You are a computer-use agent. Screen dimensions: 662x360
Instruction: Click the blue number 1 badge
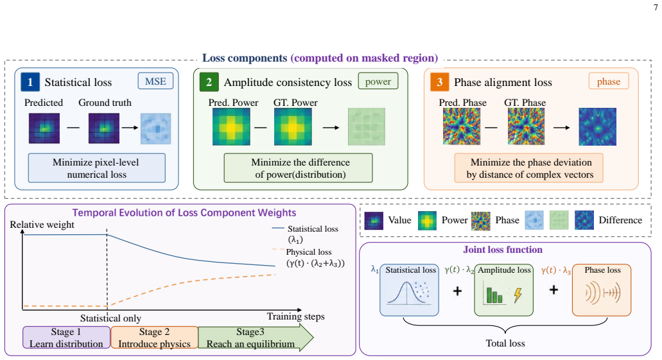(30, 82)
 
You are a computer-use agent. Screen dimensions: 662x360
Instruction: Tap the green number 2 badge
(209, 82)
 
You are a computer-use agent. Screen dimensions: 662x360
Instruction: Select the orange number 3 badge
(439, 82)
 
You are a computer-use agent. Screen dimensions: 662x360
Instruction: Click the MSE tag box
(155, 81)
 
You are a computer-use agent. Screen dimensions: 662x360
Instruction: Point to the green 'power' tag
(378, 81)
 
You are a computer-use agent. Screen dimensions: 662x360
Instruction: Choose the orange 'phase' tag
(608, 81)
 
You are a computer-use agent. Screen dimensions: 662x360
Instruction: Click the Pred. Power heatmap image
(231, 126)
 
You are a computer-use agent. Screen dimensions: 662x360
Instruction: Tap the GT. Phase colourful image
(526, 126)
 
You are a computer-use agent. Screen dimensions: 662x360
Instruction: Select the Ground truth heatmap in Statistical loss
(104, 128)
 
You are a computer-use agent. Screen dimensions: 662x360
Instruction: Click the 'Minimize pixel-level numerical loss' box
(97, 168)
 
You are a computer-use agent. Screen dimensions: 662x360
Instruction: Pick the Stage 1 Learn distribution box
(66, 337)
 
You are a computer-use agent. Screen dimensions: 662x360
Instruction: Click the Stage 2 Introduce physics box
(154, 337)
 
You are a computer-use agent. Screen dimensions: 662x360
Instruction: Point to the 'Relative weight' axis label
(42, 225)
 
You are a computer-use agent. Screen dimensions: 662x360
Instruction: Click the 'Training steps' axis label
(295, 316)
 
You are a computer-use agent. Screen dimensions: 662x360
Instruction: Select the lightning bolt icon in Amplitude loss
(518, 295)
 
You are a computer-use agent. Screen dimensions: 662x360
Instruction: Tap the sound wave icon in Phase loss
(602, 293)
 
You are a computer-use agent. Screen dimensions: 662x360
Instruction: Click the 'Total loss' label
(505, 343)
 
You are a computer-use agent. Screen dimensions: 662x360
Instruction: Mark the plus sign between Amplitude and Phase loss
(554, 289)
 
